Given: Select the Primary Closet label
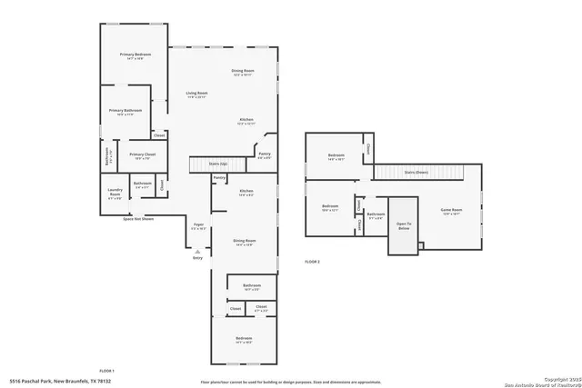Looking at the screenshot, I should tap(142, 155).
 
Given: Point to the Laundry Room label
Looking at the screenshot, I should tap(115, 193).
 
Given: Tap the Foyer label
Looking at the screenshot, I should tap(197, 227).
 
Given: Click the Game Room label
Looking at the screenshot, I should tap(452, 211).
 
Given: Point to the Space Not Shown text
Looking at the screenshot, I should tap(138, 219).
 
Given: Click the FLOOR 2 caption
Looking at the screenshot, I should tap(313, 262).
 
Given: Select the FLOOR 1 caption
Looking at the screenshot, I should tap(106, 371).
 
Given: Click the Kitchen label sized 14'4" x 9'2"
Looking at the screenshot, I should tap(246, 193).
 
